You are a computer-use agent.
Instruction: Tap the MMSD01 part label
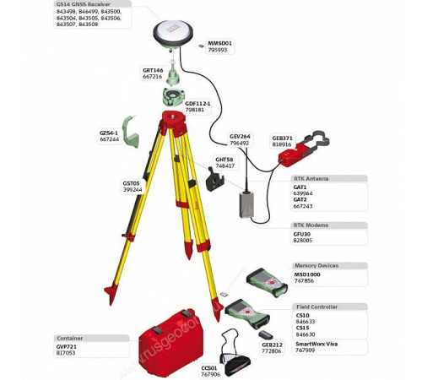219,42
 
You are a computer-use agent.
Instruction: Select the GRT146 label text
152,70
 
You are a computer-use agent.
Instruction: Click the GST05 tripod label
132,182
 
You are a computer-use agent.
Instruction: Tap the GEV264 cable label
240,136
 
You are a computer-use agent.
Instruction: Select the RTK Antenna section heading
311,179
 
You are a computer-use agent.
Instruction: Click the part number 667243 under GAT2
302,206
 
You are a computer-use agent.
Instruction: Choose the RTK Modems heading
310,225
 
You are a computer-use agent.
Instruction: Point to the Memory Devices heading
316,265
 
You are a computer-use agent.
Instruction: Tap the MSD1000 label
307,274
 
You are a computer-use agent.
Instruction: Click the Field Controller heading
316,307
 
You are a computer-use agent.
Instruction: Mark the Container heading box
70,338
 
